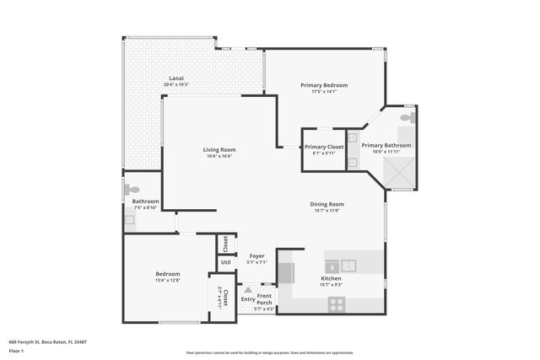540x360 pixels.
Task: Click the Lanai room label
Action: click(175, 79)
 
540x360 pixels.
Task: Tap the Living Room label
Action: click(219, 150)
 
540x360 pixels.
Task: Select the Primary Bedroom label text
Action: click(324, 85)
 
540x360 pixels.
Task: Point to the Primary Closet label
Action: click(324, 147)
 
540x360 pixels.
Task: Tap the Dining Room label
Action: click(327, 203)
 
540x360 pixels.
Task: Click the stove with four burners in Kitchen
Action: click(337, 304)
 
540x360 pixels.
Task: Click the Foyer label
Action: click(256, 256)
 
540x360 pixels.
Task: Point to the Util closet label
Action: click(226, 262)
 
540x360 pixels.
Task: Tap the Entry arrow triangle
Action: click(248, 290)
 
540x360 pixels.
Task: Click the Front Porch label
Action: click(264, 299)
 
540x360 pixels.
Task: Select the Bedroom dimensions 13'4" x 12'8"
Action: click(167, 281)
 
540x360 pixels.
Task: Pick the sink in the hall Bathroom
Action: click(129, 220)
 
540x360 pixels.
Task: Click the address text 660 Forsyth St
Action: click(47, 341)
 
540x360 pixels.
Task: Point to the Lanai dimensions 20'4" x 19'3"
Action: click(175, 85)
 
